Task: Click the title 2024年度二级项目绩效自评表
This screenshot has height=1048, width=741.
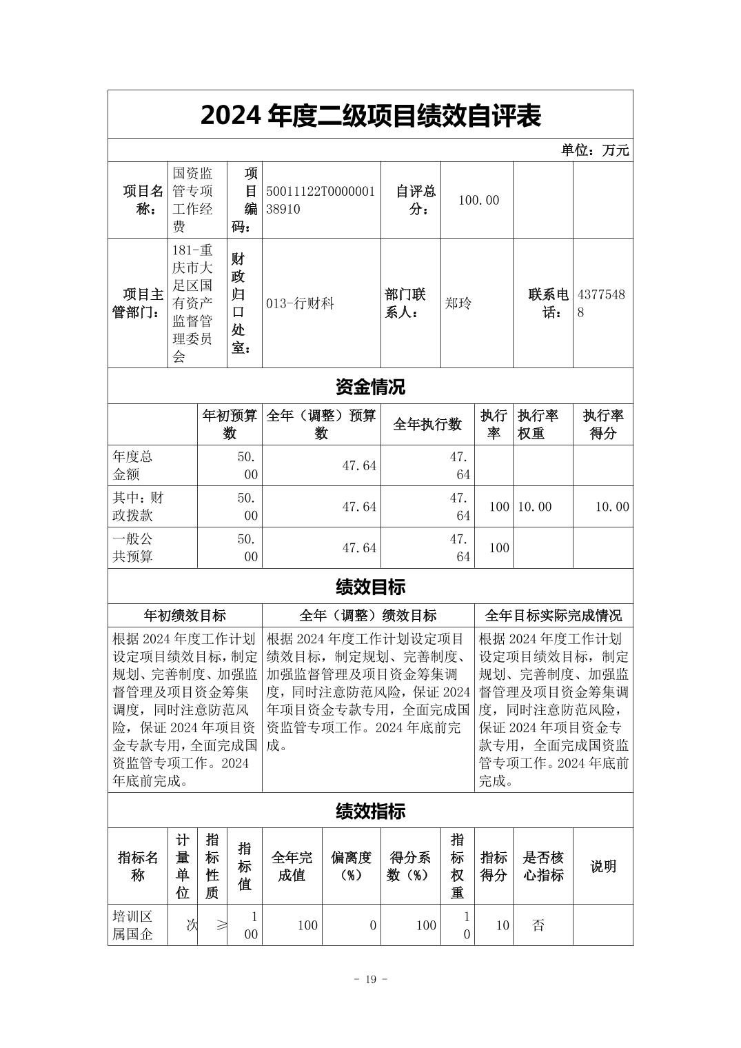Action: coord(370,115)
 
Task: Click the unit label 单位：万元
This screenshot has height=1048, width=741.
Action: coord(594,150)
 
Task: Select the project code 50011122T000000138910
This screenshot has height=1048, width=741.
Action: coord(321,200)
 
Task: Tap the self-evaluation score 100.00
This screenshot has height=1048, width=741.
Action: coord(478,200)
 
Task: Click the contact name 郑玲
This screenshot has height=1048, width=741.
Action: coord(458,303)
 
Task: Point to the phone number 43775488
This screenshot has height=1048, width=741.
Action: coord(601,303)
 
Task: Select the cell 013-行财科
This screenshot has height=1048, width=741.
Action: coord(300,303)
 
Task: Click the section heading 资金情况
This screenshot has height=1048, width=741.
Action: coord(370,387)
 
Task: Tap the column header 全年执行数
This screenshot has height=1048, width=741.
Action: coord(427,425)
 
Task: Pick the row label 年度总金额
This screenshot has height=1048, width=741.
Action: coord(132,465)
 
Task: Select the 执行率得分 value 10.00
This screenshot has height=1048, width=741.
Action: coord(612,507)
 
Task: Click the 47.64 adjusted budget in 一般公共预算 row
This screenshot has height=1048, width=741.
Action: coord(359,548)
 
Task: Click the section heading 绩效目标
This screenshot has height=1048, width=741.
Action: coord(370,587)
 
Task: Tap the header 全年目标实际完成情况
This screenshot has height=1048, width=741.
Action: coord(553,615)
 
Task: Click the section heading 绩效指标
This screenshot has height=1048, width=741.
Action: coord(370,811)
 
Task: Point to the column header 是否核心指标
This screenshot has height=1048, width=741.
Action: coord(542,866)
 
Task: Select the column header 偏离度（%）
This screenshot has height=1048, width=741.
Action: coord(351,866)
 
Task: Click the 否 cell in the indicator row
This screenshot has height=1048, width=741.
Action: coord(538,925)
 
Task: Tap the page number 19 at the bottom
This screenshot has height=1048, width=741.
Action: coord(370,980)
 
